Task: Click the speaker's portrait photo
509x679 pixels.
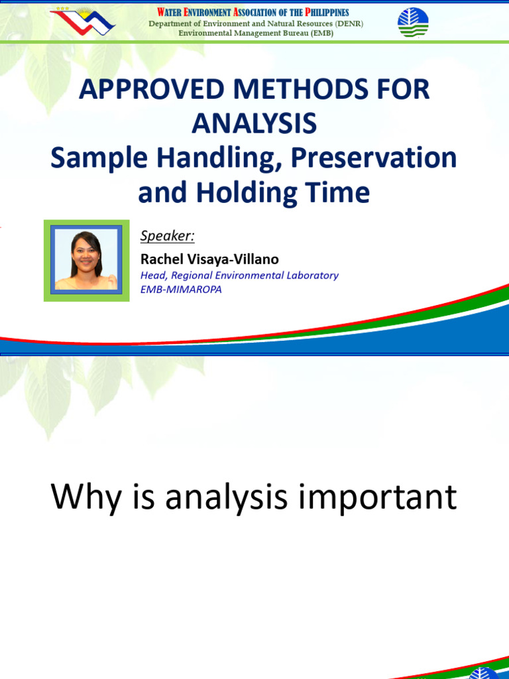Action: point(87,261)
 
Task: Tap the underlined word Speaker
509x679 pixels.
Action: point(167,236)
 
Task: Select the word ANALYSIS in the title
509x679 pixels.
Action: point(254,124)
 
